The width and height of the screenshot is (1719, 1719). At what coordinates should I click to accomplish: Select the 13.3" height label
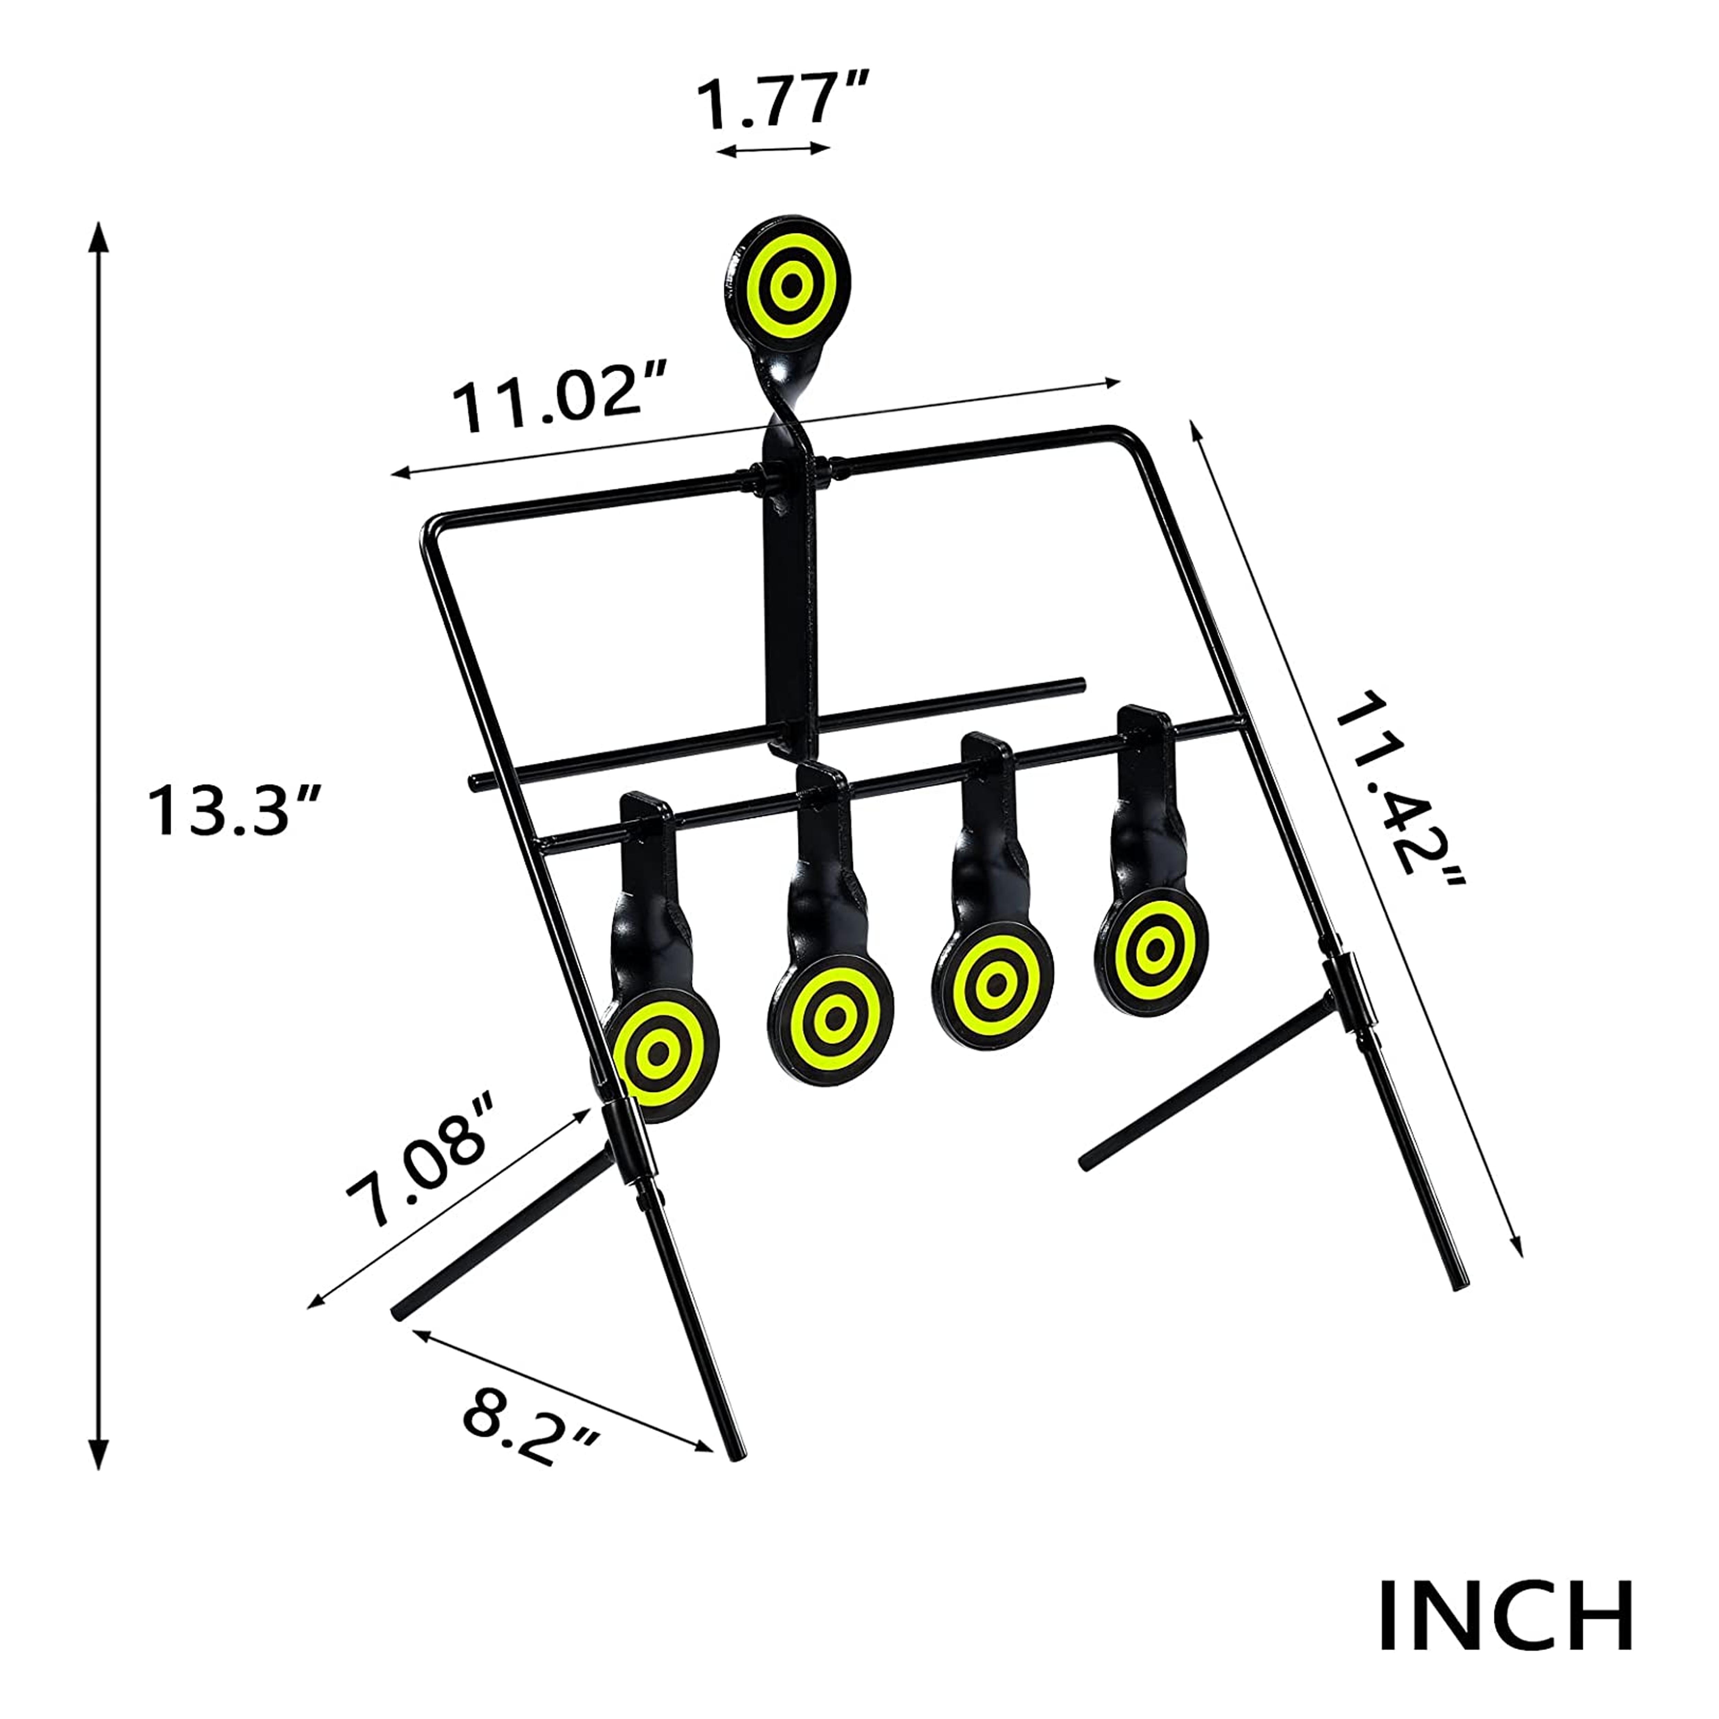point(233,810)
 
